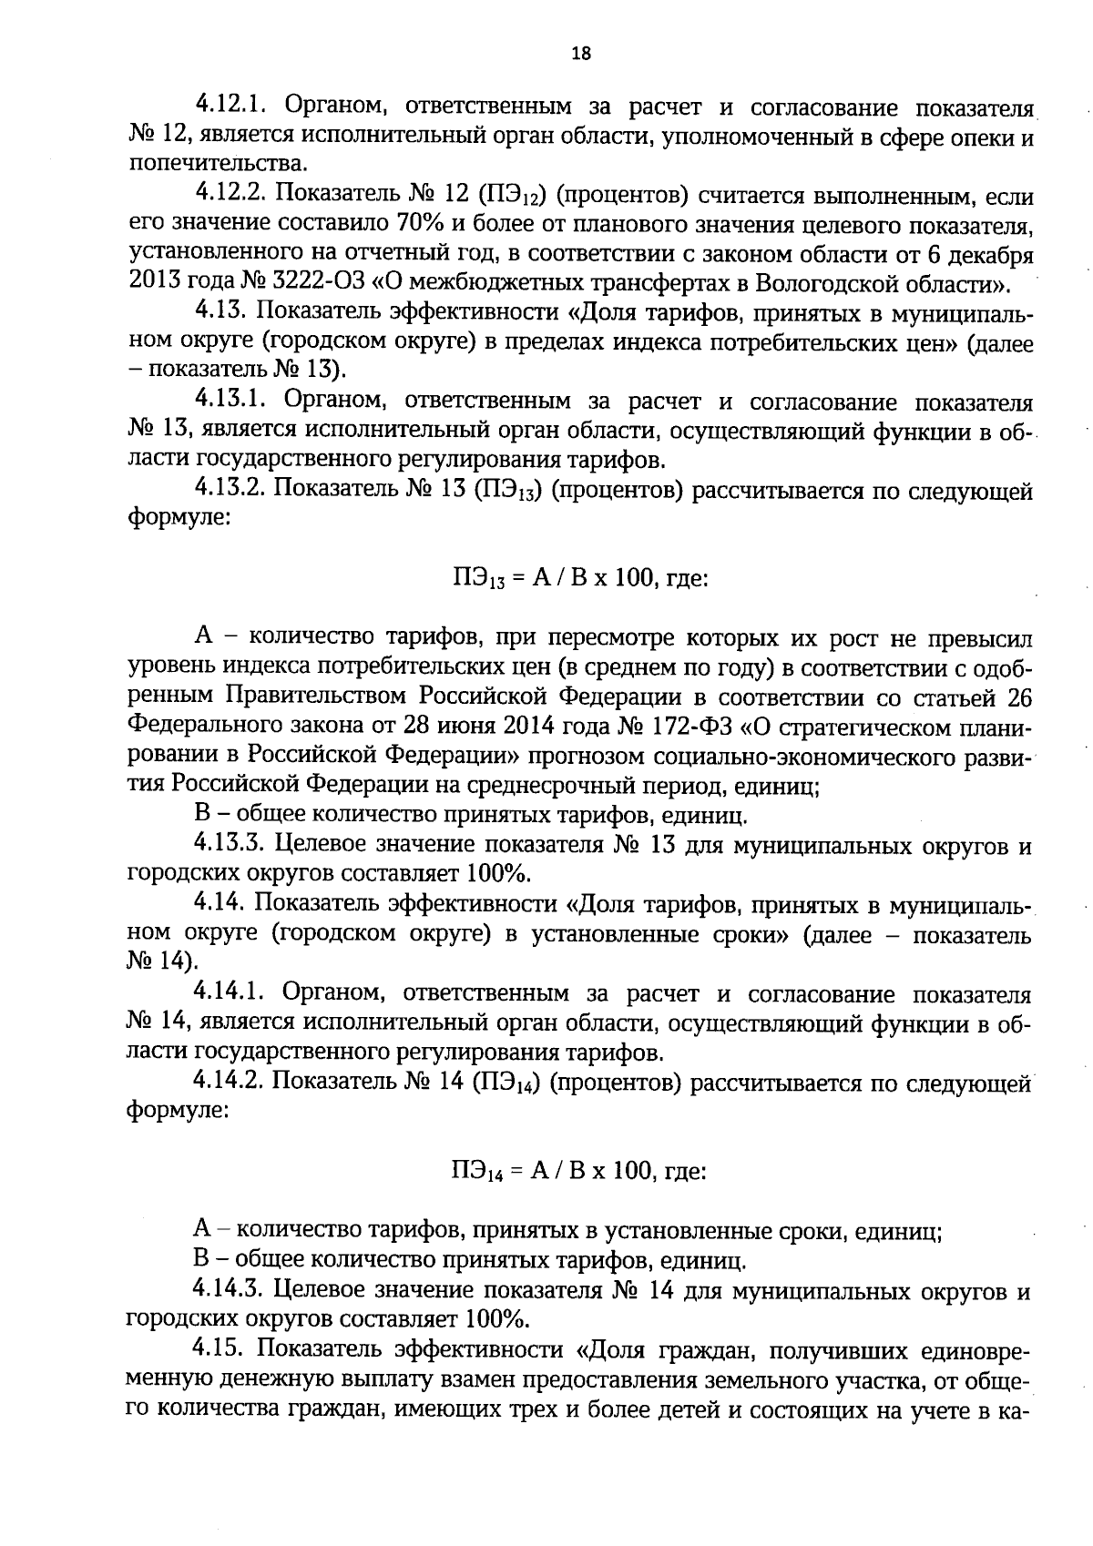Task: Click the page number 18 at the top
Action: click(x=580, y=53)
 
